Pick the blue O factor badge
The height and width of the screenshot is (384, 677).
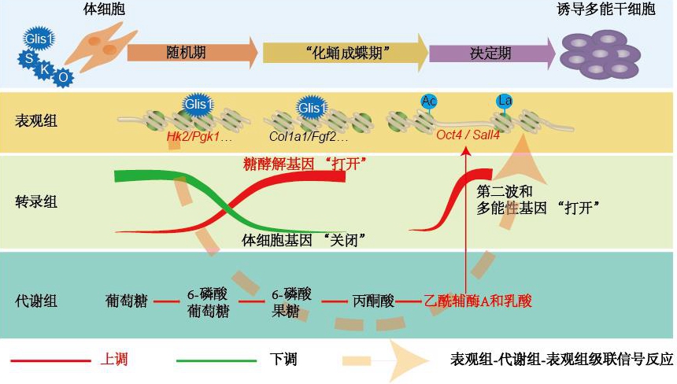[63, 78]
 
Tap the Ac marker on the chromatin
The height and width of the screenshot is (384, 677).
[429, 101]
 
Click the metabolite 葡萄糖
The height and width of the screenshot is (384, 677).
[124, 300]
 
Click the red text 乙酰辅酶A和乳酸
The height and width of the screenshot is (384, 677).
[478, 300]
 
